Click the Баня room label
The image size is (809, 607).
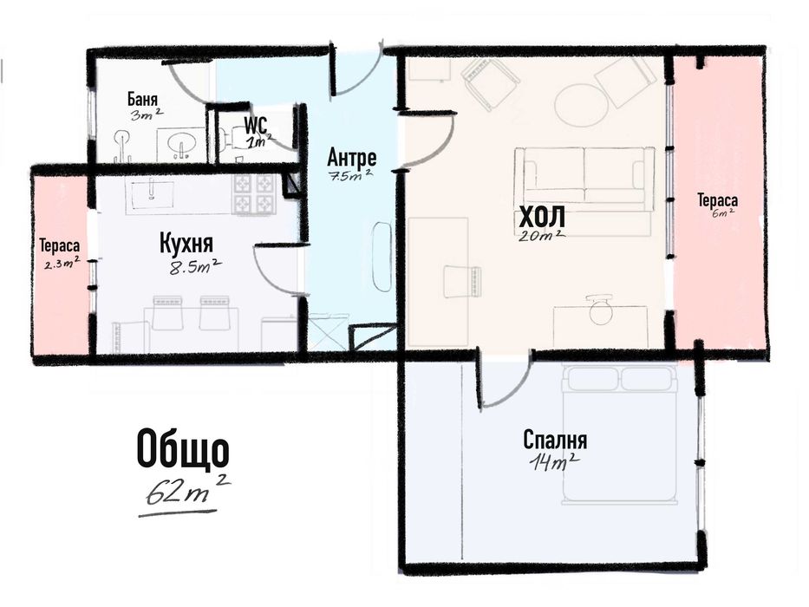click(142, 99)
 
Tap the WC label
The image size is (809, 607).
click(256, 125)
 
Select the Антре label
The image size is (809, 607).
click(351, 157)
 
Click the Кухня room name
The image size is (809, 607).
click(186, 243)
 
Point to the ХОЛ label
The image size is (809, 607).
click(542, 216)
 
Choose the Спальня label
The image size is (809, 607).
click(555, 441)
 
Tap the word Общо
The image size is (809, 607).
click(183, 449)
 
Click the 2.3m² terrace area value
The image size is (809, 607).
click(62, 264)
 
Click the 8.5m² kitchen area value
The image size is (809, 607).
click(196, 267)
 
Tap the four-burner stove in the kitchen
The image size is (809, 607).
click(256, 194)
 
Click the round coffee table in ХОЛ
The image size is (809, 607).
click(582, 105)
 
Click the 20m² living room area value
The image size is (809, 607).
click(543, 235)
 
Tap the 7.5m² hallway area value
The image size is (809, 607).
click(351, 174)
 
